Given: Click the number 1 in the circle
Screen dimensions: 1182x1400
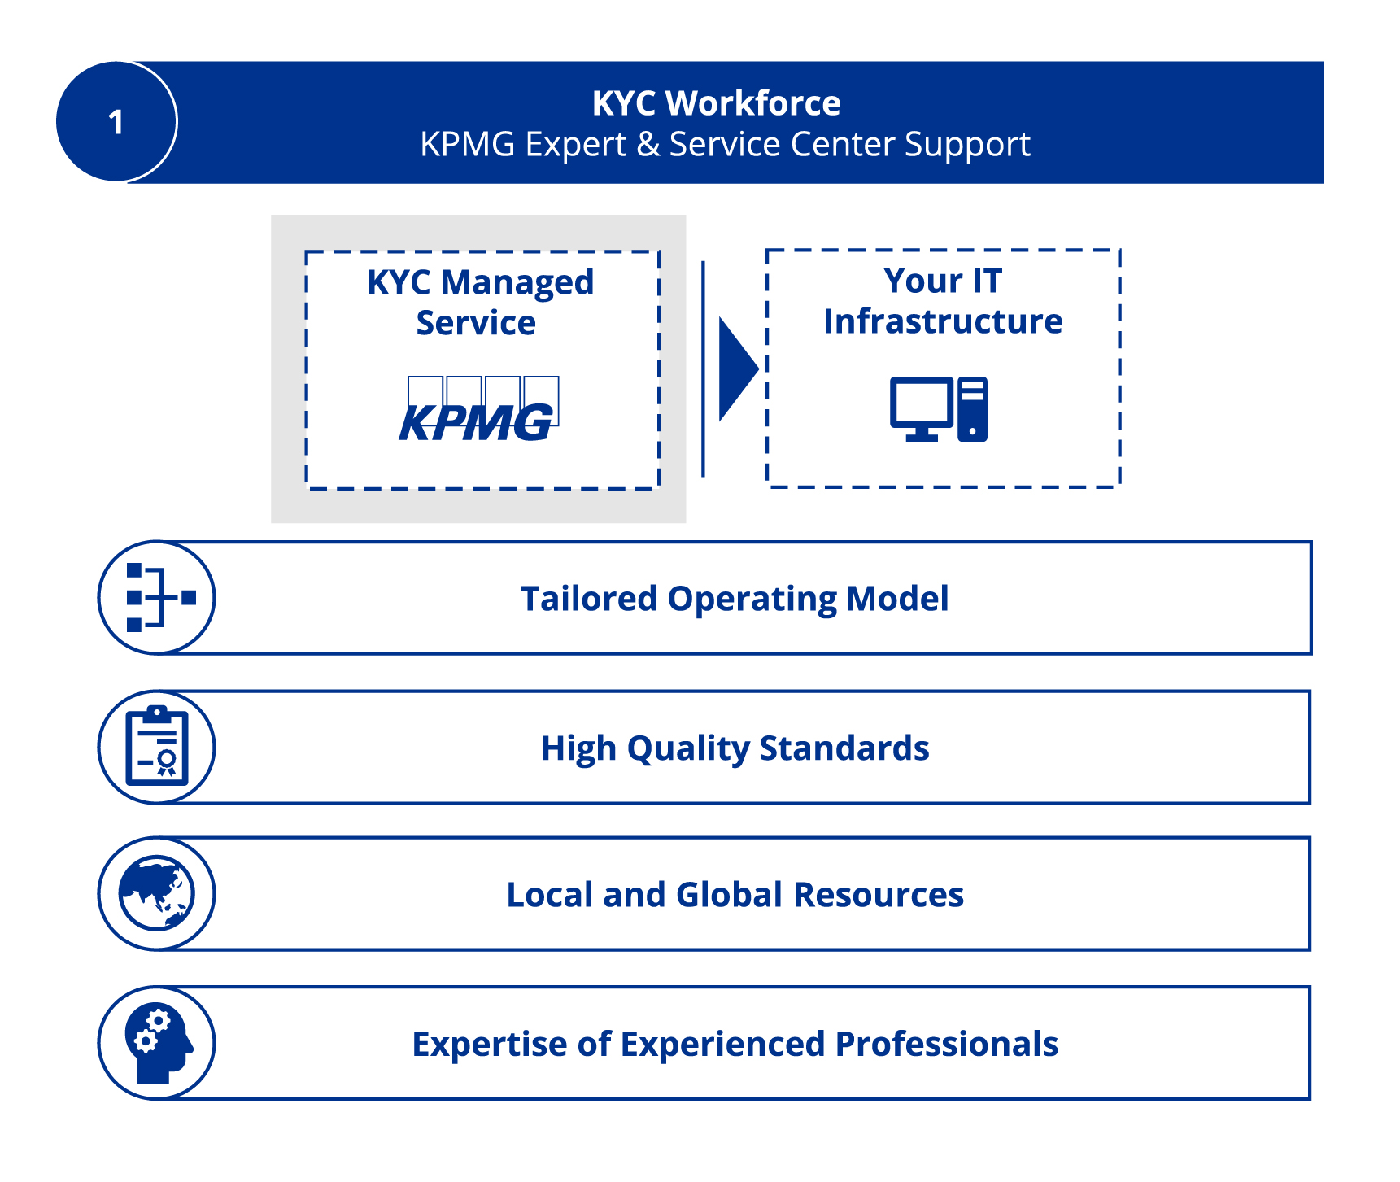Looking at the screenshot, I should [116, 122].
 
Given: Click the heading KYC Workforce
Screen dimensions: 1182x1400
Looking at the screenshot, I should [716, 103].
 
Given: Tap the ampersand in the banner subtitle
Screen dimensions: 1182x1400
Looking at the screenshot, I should [648, 145].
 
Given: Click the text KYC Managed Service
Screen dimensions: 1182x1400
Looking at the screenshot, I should [480, 302].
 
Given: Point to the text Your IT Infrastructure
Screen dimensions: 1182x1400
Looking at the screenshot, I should [943, 301].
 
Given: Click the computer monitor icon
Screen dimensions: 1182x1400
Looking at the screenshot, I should [921, 408].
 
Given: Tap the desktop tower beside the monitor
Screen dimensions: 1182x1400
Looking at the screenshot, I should [973, 409].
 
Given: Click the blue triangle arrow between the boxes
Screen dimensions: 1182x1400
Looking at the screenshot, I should [736, 369].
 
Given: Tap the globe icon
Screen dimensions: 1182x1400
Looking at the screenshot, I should [157, 893].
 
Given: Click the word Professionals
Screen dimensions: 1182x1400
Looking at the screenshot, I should [947, 1044].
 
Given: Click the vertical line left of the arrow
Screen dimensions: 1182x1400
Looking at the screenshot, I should [703, 369].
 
